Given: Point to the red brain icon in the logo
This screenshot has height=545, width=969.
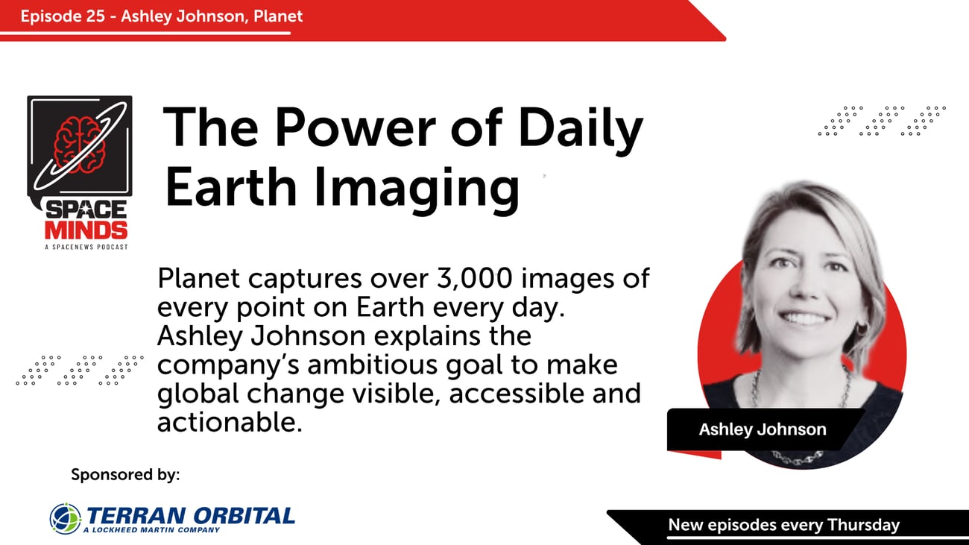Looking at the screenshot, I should tap(79, 144).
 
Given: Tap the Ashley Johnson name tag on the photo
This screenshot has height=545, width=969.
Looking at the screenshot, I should tap(762, 429).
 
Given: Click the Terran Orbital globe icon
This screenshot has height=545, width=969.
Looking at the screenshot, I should tap(66, 518).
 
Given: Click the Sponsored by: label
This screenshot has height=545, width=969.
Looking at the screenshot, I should tap(125, 474).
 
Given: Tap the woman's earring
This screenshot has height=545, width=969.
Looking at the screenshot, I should tap(862, 328).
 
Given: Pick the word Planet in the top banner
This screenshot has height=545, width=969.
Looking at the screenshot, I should tap(279, 16).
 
